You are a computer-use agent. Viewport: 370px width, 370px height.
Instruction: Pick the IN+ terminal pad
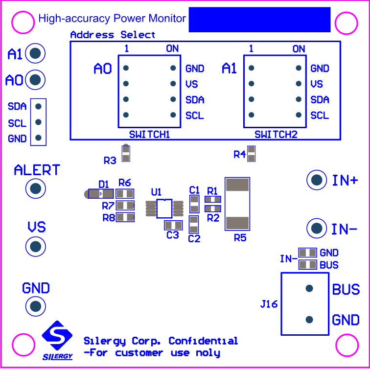[x=317, y=180]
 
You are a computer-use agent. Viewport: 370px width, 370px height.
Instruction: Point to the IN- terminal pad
[x=317, y=228]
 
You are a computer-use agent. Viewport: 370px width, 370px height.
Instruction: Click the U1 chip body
[x=164, y=208]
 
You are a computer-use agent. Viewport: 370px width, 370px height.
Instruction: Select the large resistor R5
[x=237, y=204]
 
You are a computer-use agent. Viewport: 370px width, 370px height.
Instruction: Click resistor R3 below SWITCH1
[x=126, y=154]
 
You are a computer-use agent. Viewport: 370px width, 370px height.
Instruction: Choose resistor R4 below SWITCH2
[x=252, y=154]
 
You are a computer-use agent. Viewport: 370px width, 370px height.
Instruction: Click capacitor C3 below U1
[x=172, y=225]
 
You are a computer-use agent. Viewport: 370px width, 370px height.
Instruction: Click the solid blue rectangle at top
[x=259, y=20]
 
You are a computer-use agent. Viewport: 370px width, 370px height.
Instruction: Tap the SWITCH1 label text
[x=149, y=134]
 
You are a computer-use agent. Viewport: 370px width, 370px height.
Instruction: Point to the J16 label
[x=269, y=304]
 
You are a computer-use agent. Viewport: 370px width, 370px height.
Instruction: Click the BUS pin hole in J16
[x=309, y=288]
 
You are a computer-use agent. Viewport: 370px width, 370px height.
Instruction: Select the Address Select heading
[x=113, y=35]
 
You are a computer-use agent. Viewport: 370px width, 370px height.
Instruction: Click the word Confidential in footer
[x=203, y=341]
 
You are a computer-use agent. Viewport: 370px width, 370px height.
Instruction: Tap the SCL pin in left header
[x=39, y=122]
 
